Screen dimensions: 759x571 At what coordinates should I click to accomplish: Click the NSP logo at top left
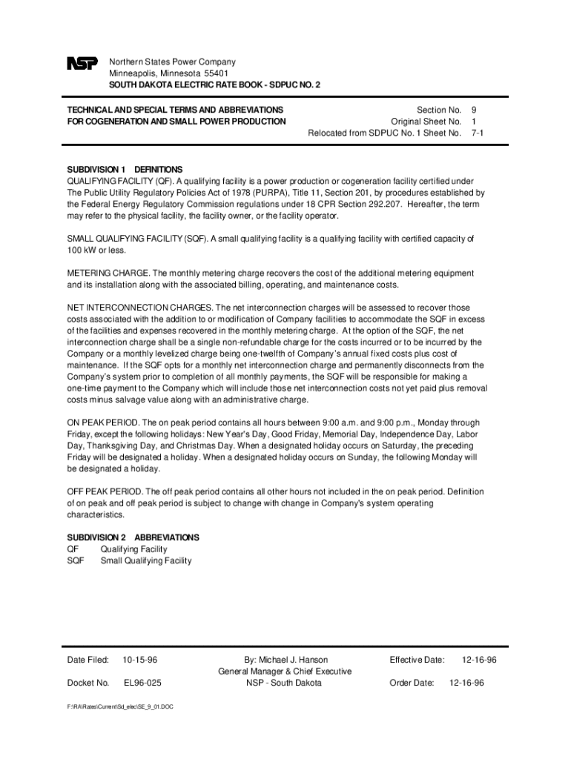(82, 64)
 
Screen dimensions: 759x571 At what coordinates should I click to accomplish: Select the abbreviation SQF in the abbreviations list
(76, 560)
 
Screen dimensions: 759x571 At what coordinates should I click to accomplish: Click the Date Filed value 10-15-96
(140, 660)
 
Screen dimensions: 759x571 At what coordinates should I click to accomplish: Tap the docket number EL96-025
(142, 683)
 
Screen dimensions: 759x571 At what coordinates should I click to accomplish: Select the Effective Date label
(417, 660)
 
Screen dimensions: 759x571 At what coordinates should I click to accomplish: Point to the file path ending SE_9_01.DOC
(119, 706)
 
